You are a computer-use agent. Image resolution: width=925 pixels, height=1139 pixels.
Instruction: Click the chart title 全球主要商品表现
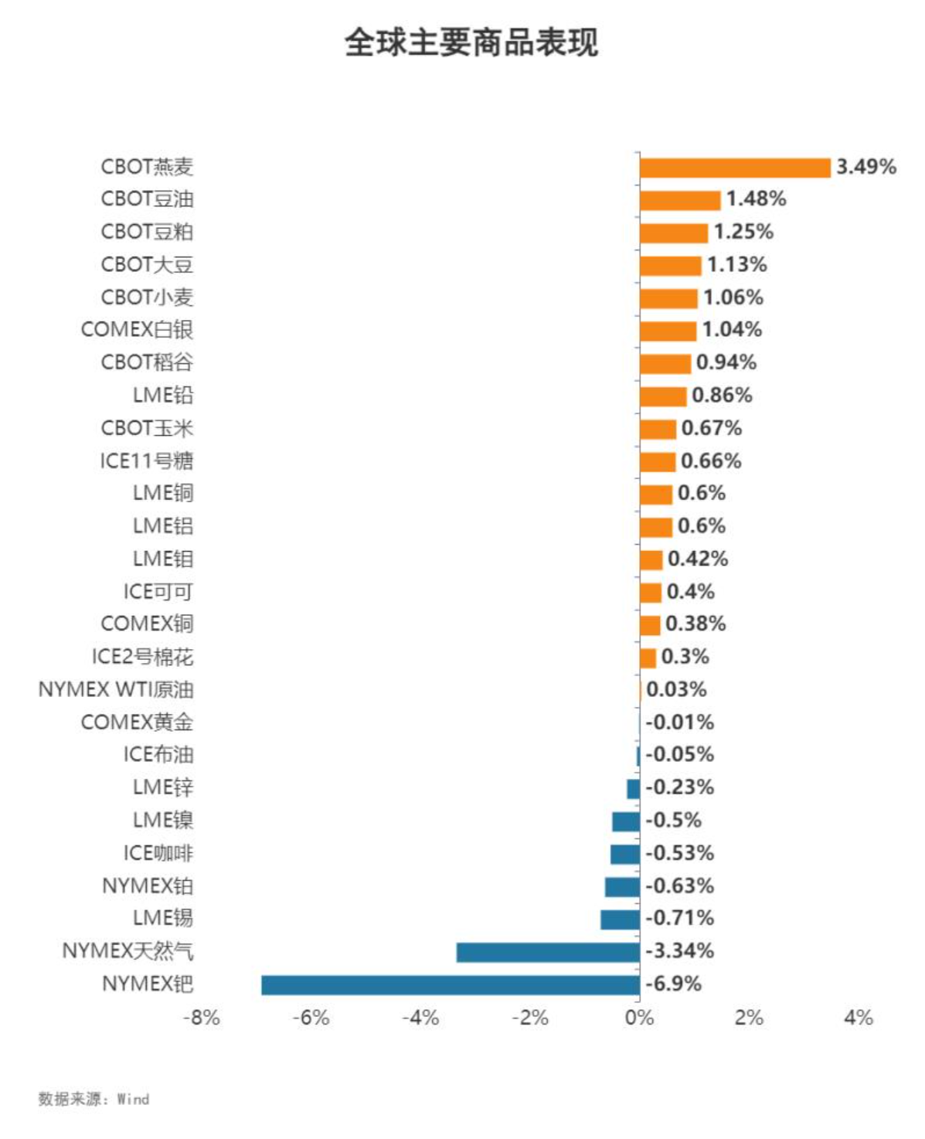click(x=471, y=42)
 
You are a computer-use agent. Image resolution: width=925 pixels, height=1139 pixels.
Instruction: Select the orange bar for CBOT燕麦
click(x=734, y=168)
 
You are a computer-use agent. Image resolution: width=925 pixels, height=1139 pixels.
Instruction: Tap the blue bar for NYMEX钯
click(x=450, y=985)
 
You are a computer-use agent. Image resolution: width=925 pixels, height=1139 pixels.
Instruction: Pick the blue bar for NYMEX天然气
click(x=547, y=952)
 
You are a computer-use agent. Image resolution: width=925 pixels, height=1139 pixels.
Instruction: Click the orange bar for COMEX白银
click(x=668, y=331)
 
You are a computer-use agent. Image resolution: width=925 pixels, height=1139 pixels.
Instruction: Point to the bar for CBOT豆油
click(x=679, y=200)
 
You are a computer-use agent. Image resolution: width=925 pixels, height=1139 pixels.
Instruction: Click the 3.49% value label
click(x=865, y=167)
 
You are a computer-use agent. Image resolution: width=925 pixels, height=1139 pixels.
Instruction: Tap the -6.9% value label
click(x=673, y=984)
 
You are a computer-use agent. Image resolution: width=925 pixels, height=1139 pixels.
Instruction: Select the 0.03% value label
click(x=676, y=689)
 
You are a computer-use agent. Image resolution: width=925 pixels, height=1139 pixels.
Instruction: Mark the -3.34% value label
click(x=679, y=951)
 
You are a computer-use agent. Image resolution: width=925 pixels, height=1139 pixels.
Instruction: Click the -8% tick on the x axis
click(x=202, y=1018)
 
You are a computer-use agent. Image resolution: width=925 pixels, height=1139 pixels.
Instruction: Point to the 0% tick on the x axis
click(x=639, y=1018)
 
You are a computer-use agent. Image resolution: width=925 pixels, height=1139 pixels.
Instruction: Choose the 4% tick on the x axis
click(x=858, y=1018)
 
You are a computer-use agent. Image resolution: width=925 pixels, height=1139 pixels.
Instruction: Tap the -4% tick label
click(x=420, y=1018)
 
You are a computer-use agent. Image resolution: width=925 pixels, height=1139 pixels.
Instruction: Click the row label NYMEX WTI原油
click(x=116, y=689)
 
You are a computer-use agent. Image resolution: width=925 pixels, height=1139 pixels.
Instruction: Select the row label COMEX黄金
click(x=137, y=722)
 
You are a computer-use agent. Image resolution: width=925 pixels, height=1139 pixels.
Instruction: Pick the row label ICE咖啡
click(x=158, y=853)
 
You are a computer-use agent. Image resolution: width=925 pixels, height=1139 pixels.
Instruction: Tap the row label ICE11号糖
click(x=146, y=461)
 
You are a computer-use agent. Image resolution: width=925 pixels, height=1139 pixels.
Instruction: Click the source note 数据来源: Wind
click(x=94, y=1099)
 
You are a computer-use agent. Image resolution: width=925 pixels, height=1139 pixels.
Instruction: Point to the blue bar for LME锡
click(x=620, y=920)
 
